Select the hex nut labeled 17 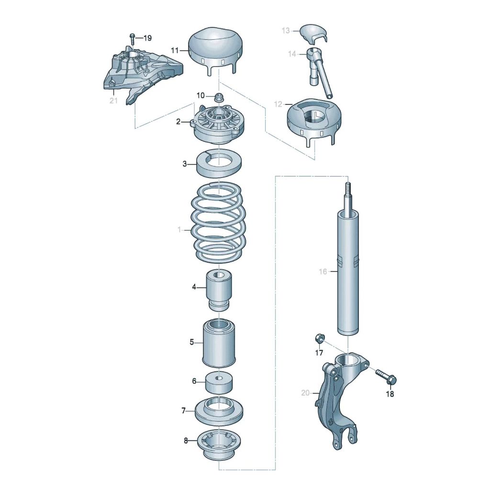click(319, 339)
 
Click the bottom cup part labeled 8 click(219, 444)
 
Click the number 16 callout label click(323, 272)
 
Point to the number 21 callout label click(113, 100)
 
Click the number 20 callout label click(306, 393)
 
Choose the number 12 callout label click(278, 103)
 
